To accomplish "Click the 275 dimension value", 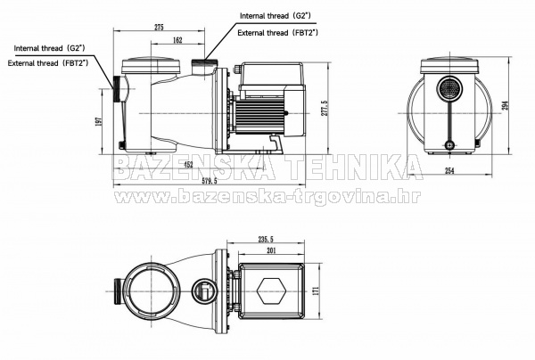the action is pos(159,28).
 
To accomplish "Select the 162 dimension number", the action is pos(177,40).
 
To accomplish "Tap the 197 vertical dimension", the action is pos(99,121).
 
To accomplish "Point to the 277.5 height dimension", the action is pos(324,109).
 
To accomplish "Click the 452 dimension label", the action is pos(188,165).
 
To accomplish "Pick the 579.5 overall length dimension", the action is pos(210,181).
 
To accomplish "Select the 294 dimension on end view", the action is pos(506,106).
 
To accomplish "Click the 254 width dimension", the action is pos(449,171).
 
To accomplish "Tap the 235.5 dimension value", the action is pos(266,239).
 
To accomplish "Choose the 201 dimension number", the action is pos(270,251).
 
